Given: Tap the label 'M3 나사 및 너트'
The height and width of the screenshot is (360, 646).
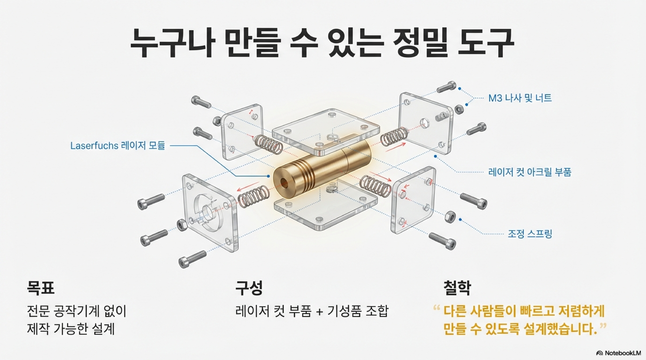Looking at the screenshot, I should tap(520, 98).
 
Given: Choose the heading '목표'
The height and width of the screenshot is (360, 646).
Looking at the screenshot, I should tap(41, 288).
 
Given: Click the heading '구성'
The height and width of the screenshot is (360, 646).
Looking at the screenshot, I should tap(249, 288).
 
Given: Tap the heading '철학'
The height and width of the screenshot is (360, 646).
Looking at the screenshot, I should tap(457, 288).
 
